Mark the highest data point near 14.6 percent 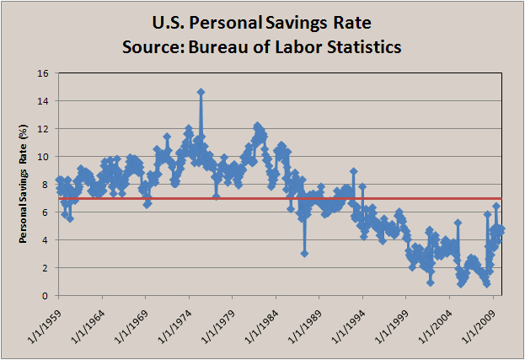point(201,92)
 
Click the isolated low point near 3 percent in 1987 point(304,253)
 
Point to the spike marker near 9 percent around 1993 point(354,171)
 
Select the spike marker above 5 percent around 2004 point(458,223)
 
